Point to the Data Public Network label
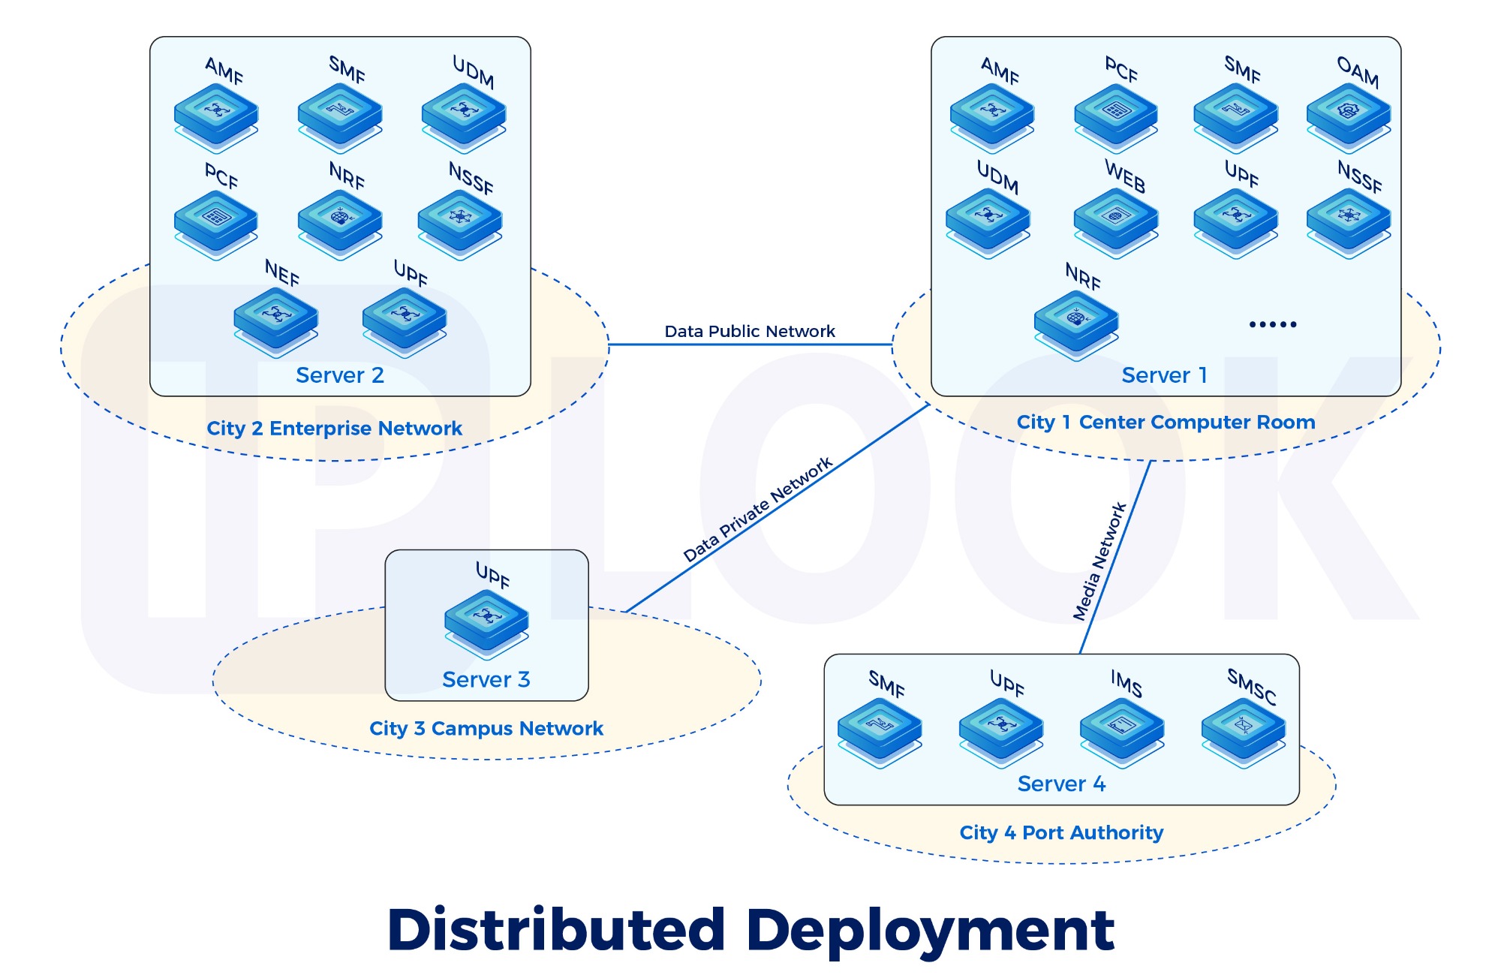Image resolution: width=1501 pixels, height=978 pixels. (749, 331)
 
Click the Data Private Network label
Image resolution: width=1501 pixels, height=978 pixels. (757, 510)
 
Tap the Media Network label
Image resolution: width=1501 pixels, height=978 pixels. (1099, 561)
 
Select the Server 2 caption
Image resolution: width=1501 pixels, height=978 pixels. (340, 375)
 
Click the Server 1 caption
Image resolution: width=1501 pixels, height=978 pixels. (1164, 375)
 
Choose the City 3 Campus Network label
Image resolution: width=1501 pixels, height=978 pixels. (486, 728)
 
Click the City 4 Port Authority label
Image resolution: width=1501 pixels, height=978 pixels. (1061, 832)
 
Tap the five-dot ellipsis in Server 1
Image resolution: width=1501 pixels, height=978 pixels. (1273, 324)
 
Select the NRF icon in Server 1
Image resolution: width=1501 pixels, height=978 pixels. (1075, 322)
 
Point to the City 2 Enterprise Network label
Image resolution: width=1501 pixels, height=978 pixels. (334, 429)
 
